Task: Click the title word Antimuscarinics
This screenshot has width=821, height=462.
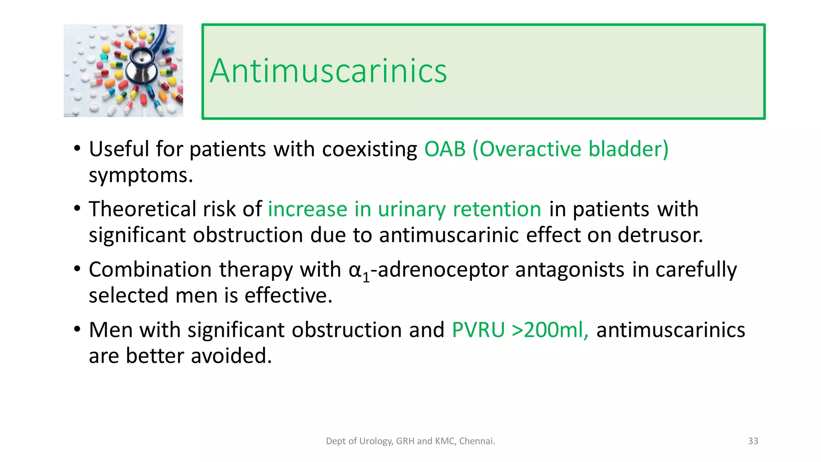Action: [328, 71]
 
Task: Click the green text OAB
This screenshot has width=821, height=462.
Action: [445, 149]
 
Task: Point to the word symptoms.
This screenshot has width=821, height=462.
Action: [141, 176]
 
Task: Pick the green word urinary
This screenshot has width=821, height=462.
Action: [411, 209]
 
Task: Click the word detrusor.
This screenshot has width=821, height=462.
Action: [660, 235]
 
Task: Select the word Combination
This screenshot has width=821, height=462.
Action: [150, 269]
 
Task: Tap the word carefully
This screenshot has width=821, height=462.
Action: [696, 269]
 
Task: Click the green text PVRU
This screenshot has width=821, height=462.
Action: [478, 330]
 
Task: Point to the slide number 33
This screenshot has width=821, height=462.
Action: [753, 441]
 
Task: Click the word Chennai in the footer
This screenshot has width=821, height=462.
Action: [477, 441]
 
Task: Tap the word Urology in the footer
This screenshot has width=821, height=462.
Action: [376, 441]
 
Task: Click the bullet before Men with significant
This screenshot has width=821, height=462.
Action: [77, 329]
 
